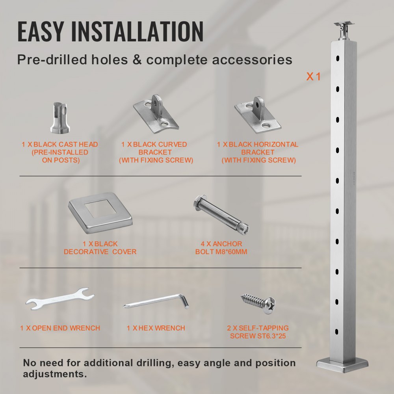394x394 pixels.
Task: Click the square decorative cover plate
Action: coord(101,211)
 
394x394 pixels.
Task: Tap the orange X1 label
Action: coord(314,76)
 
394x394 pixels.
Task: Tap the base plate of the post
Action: coord(342,366)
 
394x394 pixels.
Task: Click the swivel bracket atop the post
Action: coord(342,30)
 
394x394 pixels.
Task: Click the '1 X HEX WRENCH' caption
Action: coord(156,328)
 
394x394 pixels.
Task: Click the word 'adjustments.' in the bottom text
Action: coord(55,373)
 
